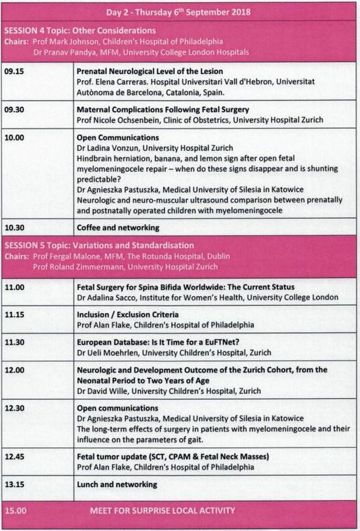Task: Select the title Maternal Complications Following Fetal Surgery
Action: click(163, 110)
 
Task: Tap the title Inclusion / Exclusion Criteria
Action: click(128, 314)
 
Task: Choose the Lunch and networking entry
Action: click(117, 484)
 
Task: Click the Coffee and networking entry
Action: click(118, 227)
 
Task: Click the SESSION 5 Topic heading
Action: click(99, 245)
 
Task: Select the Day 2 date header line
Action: click(179, 13)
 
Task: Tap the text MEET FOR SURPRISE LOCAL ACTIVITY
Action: click(162, 511)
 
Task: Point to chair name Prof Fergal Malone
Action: click(64, 256)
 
